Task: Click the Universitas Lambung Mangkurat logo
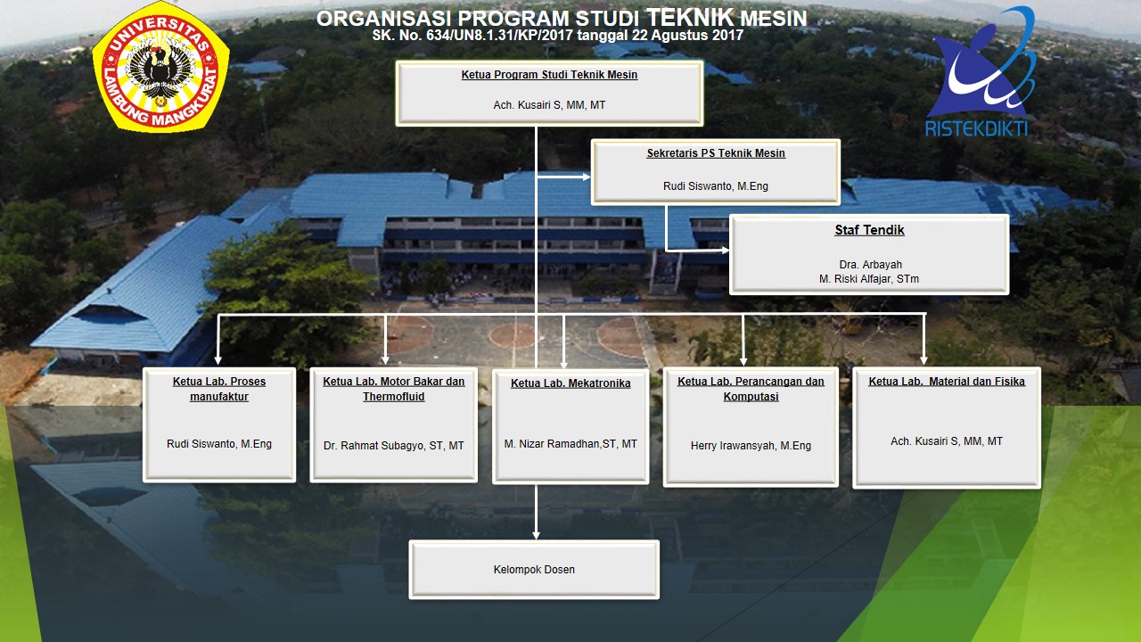(160, 67)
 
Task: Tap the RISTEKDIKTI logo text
(976, 129)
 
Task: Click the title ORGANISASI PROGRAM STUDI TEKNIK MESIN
(562, 19)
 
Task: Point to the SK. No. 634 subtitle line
(558, 35)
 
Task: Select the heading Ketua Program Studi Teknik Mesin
(549, 75)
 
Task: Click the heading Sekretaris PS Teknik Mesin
(716, 153)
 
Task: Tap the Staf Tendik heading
(869, 230)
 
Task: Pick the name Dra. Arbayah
(870, 265)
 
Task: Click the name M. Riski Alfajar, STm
(869, 279)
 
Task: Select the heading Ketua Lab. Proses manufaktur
(219, 389)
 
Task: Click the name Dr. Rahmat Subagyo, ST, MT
(394, 445)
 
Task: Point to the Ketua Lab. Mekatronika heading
(570, 383)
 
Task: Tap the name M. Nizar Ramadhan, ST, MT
(570, 444)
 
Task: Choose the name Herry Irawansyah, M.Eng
(751, 445)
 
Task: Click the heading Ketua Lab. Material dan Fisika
(947, 381)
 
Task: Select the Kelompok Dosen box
(534, 570)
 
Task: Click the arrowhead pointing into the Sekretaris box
(587, 177)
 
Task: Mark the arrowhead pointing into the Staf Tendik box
(725, 251)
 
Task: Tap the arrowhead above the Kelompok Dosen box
(536, 534)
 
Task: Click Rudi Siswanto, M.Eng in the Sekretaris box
(716, 186)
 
